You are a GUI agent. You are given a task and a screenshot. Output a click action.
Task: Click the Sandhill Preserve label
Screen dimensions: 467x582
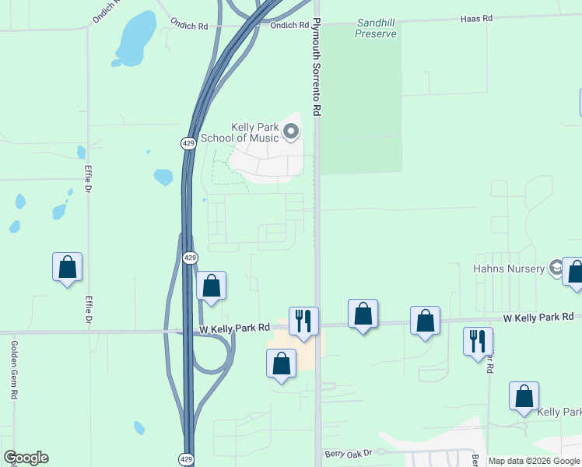click(x=376, y=29)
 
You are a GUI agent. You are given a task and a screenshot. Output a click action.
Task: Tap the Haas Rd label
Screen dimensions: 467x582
click(x=477, y=17)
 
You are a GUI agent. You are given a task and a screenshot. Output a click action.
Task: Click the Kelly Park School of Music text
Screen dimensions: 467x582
click(x=240, y=133)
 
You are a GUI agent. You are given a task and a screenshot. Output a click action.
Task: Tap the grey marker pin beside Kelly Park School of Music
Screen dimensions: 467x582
click(x=291, y=132)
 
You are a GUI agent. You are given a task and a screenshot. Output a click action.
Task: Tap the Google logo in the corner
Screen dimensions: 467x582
click(x=26, y=458)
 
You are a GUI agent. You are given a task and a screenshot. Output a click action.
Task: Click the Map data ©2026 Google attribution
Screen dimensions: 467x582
click(x=534, y=461)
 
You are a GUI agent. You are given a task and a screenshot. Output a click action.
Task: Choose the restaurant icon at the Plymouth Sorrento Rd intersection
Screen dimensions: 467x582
click(x=303, y=320)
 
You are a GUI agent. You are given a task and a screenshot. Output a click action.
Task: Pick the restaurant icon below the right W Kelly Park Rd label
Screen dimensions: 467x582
click(x=478, y=340)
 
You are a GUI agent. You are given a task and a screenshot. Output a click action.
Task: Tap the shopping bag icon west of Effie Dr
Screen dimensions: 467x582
click(x=68, y=267)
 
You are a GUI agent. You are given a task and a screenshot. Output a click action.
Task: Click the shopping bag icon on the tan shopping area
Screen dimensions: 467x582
click(x=281, y=363)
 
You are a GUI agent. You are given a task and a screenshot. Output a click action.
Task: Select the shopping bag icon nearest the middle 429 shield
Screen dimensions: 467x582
click(x=211, y=286)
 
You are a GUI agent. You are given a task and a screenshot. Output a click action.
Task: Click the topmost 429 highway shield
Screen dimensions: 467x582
click(x=189, y=143)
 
